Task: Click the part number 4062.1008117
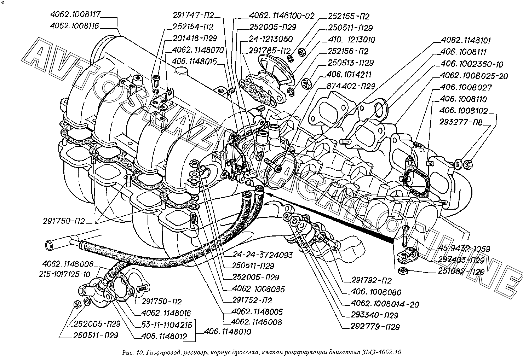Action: coord(75,15)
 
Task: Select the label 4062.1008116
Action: coord(74,26)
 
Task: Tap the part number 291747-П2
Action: coord(194,15)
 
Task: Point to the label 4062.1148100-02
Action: coord(282,16)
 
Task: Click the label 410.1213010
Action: coord(351,40)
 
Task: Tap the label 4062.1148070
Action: coord(198,50)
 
